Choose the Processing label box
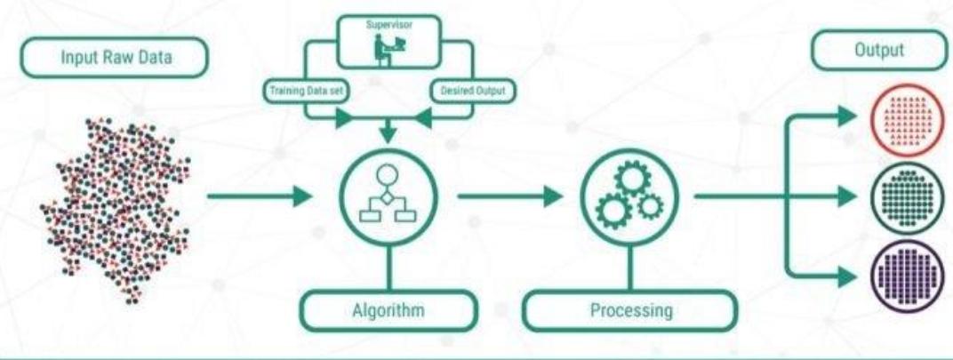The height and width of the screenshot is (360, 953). pyautogui.click(x=629, y=313)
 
